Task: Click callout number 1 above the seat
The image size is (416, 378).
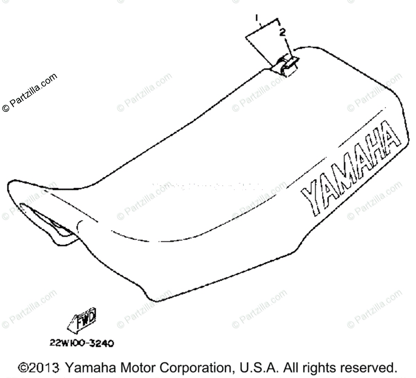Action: pos(257,17)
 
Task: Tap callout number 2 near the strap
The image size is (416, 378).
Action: pos(283,32)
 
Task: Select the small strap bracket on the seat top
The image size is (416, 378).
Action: pos(286,66)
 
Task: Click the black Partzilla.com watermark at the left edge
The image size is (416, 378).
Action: pos(30,93)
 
